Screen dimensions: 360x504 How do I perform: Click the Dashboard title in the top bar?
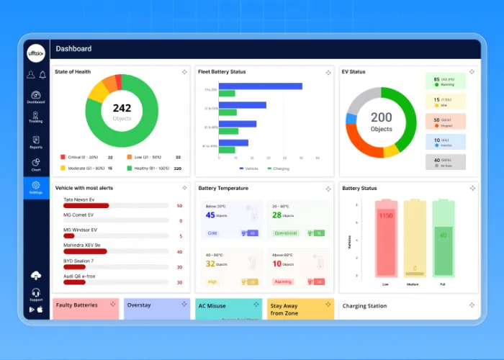[73, 49]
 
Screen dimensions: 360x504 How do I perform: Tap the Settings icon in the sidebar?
[36, 186]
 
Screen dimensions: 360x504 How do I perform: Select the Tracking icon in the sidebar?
[36, 116]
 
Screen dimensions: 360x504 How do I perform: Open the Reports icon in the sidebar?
[36, 141]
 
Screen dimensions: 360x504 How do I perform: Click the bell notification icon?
[42, 74]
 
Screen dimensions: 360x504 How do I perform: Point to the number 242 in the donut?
[122, 108]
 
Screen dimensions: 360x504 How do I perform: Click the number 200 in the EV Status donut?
[381, 117]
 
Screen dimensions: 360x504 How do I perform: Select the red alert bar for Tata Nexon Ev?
[86, 206]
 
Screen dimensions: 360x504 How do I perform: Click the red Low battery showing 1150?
[387, 238]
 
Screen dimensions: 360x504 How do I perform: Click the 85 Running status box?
[445, 81]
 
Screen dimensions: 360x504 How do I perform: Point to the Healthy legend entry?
[152, 168]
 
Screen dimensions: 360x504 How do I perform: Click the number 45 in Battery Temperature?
[210, 215]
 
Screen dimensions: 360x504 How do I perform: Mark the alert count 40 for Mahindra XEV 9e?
[179, 251]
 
